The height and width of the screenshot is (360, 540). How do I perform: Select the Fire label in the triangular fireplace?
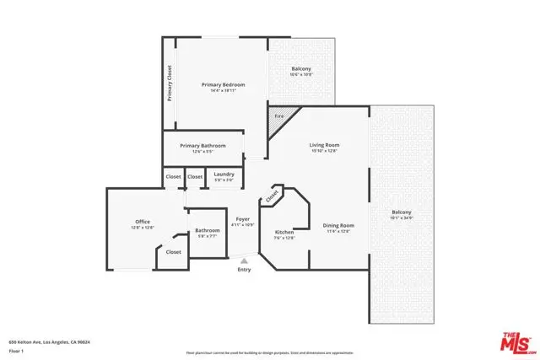click(x=277, y=116)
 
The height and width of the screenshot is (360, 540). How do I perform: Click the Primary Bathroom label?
click(x=202, y=145)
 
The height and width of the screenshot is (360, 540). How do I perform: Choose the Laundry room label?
click(x=224, y=175)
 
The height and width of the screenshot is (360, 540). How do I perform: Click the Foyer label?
click(x=243, y=219)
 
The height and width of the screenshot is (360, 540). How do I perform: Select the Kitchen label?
click(x=284, y=232)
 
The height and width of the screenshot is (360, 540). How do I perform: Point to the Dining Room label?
click(x=337, y=225)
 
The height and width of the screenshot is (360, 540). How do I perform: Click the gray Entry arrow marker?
click(x=244, y=261)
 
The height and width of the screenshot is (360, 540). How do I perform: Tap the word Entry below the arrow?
click(x=244, y=270)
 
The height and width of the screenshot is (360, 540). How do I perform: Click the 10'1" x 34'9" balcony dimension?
click(x=402, y=218)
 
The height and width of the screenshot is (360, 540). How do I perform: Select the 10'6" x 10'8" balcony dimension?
click(x=301, y=75)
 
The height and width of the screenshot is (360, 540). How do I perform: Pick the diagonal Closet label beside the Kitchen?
click(x=273, y=196)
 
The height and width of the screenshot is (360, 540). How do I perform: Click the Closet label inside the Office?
click(x=173, y=251)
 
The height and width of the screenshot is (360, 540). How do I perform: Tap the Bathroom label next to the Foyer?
click(x=207, y=230)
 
